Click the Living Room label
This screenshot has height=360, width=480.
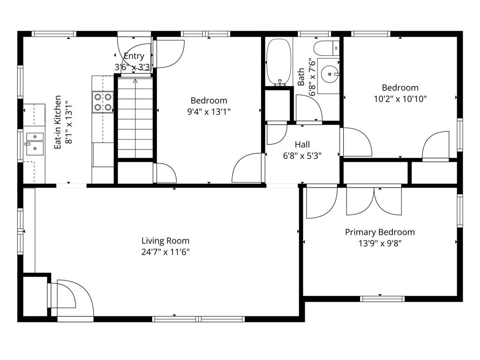(x=165, y=241)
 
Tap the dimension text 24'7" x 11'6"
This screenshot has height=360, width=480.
(x=165, y=252)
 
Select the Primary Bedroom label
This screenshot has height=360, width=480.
(x=380, y=232)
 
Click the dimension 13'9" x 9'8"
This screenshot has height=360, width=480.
(x=380, y=243)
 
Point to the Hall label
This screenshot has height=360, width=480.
(x=302, y=144)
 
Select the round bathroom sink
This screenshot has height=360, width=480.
(x=331, y=74)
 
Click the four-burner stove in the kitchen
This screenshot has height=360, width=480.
(x=103, y=102)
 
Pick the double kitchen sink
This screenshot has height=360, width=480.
(x=35, y=143)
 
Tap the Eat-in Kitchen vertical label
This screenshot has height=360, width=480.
(x=62, y=122)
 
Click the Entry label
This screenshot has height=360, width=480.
(x=134, y=56)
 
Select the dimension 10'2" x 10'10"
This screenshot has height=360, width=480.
(x=400, y=98)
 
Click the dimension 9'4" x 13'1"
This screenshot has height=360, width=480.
(x=209, y=111)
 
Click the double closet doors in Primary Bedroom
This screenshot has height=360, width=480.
(x=374, y=201)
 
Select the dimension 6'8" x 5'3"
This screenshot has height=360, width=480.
(x=302, y=155)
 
